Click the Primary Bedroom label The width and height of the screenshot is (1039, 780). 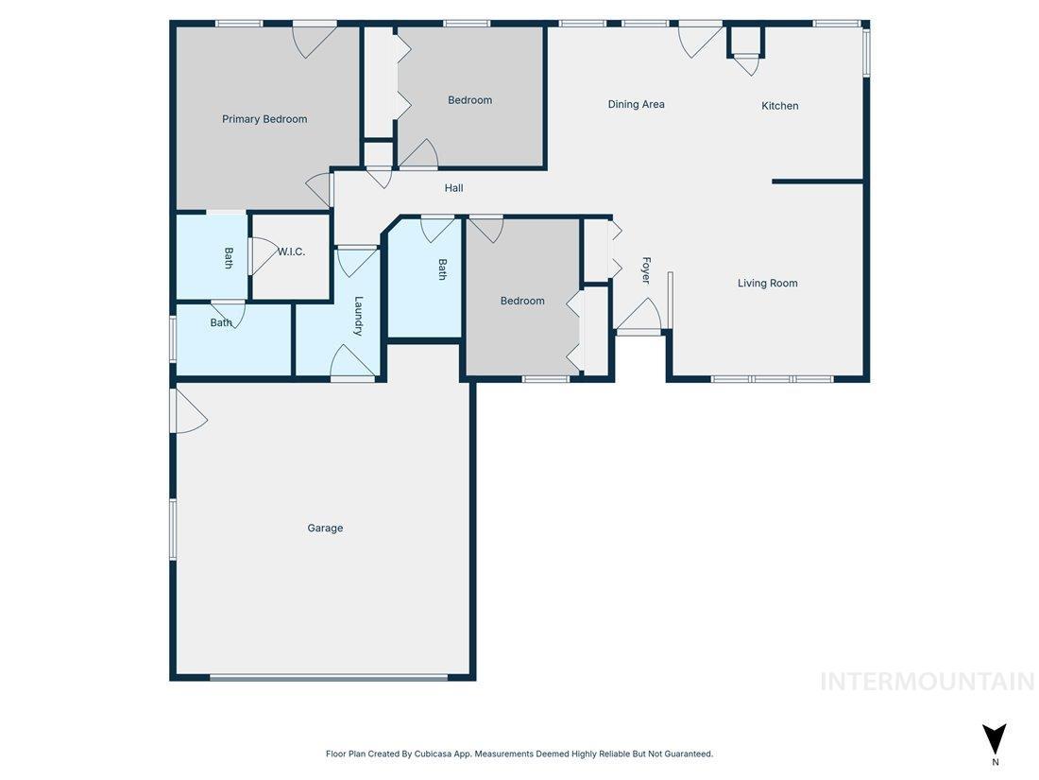(x=264, y=119)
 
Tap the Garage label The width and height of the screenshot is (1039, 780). (x=325, y=529)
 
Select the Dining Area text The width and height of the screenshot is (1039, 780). (x=636, y=105)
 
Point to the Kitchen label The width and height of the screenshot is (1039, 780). (x=780, y=106)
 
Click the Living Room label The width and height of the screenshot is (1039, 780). (x=767, y=283)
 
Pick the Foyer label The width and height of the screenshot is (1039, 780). (x=646, y=270)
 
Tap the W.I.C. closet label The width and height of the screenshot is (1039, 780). (x=291, y=251)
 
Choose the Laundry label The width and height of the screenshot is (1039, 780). (x=359, y=316)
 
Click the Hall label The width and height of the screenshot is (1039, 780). (x=454, y=188)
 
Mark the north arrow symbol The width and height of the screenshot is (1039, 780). (x=994, y=738)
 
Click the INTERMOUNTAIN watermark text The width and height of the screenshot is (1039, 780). (x=927, y=681)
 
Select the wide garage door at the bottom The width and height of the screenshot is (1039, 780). (x=329, y=677)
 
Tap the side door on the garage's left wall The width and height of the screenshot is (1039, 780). (x=187, y=412)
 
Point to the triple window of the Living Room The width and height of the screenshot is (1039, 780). (x=772, y=379)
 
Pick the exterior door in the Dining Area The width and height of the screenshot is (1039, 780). (x=699, y=38)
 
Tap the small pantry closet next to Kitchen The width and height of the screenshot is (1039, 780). (x=745, y=43)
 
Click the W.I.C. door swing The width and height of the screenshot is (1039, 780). (x=264, y=256)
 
